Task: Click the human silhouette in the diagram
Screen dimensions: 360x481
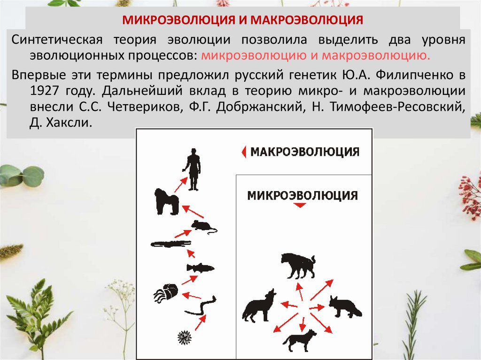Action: pos(192,169)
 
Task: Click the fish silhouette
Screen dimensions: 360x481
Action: pos(200,268)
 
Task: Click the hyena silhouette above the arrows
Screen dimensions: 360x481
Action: pos(298,266)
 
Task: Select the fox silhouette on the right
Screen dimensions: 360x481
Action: pos(344,306)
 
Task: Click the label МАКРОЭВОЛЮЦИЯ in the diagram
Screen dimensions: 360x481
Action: pos(305,152)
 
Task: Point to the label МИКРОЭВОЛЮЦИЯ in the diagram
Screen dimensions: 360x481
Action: pos(303,195)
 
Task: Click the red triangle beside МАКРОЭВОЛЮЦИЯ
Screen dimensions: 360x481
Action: pos(243,152)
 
